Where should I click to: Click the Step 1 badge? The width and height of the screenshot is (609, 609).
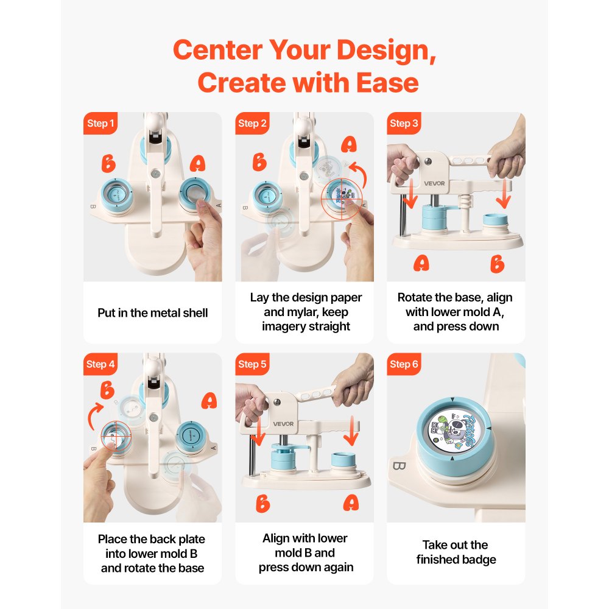point(100,124)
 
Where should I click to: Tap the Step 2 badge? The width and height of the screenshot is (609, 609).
point(252,124)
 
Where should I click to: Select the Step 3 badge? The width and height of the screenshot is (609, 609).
point(404,124)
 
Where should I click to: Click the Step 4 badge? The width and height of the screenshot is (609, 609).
point(100,364)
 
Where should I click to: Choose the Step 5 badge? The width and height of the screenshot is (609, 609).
point(252,364)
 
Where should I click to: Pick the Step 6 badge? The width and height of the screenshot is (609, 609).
point(404,364)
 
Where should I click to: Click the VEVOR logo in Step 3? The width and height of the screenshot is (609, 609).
point(434,183)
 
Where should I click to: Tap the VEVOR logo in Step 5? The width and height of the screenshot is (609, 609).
point(283,424)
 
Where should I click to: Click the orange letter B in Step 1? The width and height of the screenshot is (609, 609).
point(108,163)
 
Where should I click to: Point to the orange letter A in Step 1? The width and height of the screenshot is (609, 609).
point(197,163)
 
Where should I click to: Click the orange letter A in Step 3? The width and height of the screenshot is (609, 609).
point(421,263)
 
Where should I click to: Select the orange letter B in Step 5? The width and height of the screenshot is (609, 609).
point(262,504)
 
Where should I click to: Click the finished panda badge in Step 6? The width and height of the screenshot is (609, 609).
point(453,431)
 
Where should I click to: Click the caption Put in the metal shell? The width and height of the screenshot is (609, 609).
point(153,313)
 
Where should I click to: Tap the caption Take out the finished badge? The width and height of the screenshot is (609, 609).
point(456,552)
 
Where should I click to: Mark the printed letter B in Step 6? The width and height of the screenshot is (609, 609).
point(399,466)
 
